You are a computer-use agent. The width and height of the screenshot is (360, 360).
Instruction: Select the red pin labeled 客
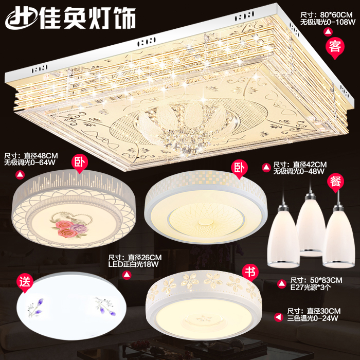[335, 48]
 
